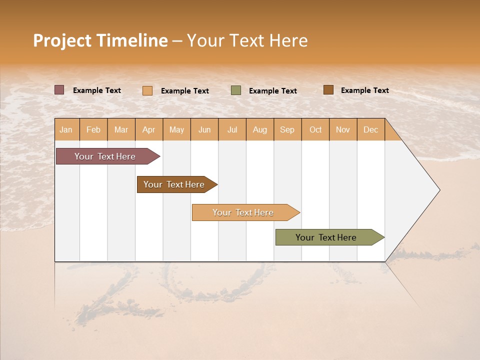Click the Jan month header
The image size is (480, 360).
(x=66, y=129)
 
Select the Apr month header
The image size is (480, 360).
(x=149, y=129)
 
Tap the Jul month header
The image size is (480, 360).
(x=232, y=129)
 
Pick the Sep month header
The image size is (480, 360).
(x=287, y=129)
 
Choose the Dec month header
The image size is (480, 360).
(x=370, y=129)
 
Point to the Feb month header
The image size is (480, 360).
(x=93, y=129)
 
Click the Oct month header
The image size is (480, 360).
(x=315, y=129)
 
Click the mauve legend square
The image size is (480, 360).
(x=59, y=90)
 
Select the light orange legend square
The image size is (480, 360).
(x=147, y=90)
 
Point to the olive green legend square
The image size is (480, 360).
(x=236, y=90)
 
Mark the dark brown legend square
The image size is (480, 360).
(x=328, y=90)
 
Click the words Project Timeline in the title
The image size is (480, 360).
(x=100, y=40)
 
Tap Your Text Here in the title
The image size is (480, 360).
(x=247, y=40)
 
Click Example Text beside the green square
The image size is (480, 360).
(x=273, y=91)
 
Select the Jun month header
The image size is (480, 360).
(x=204, y=129)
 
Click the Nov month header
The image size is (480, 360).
(x=343, y=129)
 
